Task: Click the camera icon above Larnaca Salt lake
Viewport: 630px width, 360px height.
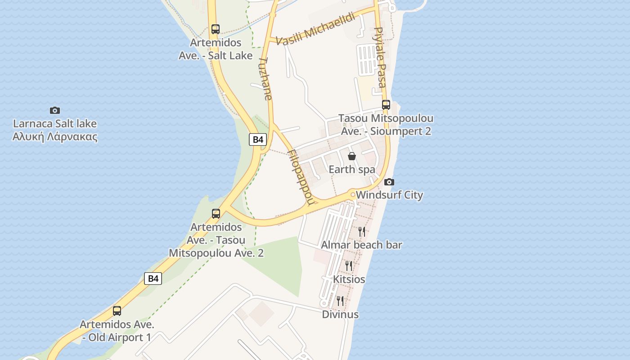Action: tap(55, 110)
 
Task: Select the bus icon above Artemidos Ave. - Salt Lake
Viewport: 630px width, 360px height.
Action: tap(216, 29)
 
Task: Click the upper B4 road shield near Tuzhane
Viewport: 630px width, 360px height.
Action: tap(257, 139)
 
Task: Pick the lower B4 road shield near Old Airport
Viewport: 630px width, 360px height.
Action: tap(153, 279)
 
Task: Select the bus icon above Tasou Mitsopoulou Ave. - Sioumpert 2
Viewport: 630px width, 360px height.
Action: tap(386, 105)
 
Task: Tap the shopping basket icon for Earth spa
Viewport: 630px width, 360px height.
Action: tap(352, 156)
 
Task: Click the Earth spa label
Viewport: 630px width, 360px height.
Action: tap(352, 170)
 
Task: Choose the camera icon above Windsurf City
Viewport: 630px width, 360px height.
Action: tap(389, 182)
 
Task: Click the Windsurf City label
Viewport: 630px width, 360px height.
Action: tap(389, 195)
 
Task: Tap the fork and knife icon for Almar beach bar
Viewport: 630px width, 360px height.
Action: tap(362, 231)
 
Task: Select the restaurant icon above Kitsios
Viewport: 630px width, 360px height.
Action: tap(349, 265)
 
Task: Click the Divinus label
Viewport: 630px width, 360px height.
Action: tap(340, 314)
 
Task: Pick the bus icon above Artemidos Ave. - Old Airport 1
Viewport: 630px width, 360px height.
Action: tap(117, 310)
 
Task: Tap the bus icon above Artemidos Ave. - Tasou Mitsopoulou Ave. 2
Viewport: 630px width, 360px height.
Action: tap(216, 213)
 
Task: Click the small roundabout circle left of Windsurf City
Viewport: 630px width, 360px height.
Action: tap(353, 195)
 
